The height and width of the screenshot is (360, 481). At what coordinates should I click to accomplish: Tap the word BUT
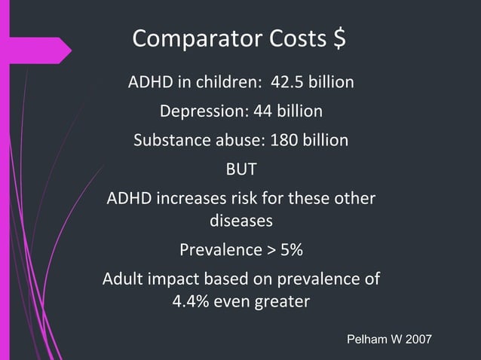pos(241,169)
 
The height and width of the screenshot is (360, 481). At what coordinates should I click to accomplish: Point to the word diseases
pos(240,222)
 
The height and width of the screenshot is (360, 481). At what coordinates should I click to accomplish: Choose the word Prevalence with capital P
pos(216,249)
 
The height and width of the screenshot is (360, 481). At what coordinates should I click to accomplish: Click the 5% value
pos(292,249)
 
